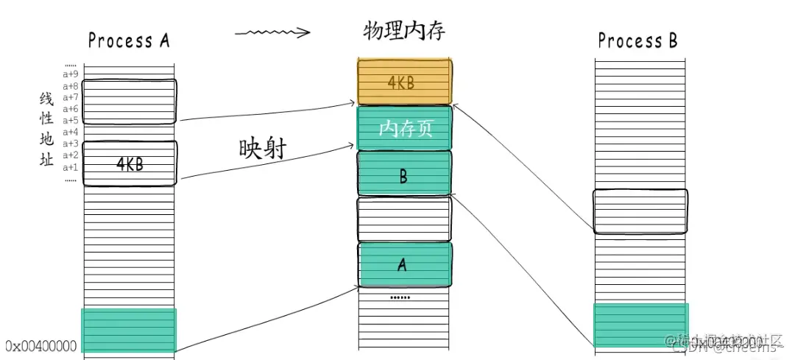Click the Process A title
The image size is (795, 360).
[129, 40]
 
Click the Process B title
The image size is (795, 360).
[637, 40]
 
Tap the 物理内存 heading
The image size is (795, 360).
[404, 31]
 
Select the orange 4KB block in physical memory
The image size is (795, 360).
[403, 82]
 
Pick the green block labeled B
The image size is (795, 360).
[403, 174]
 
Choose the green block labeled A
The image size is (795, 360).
[403, 264]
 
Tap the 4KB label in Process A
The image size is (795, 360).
[130, 164]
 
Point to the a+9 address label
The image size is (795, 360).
[71, 74]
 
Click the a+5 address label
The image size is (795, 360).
[71, 121]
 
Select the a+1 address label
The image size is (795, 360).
[71, 167]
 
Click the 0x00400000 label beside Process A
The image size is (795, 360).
[40, 345]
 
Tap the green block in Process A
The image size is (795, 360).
[129, 330]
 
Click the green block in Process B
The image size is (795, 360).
[641, 325]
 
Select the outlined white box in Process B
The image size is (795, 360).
[640, 211]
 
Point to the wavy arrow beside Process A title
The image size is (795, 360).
[272, 33]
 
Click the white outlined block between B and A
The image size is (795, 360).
[403, 219]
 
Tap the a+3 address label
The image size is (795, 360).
[71, 144]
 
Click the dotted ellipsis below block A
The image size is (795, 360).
[400, 297]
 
